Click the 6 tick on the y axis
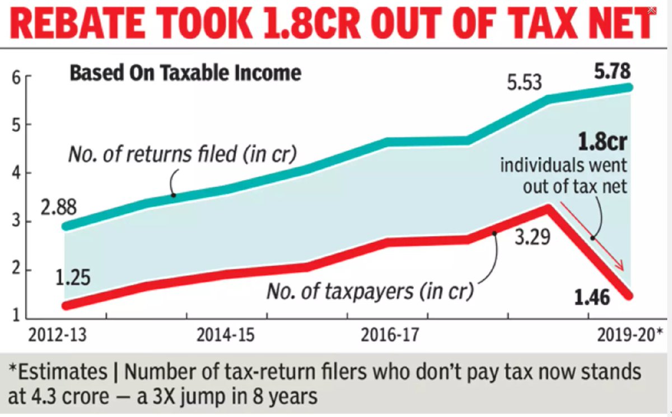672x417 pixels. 17,78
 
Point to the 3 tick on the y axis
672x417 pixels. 17,221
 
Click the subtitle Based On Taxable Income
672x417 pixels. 185,73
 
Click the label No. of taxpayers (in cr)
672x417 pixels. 370,291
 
